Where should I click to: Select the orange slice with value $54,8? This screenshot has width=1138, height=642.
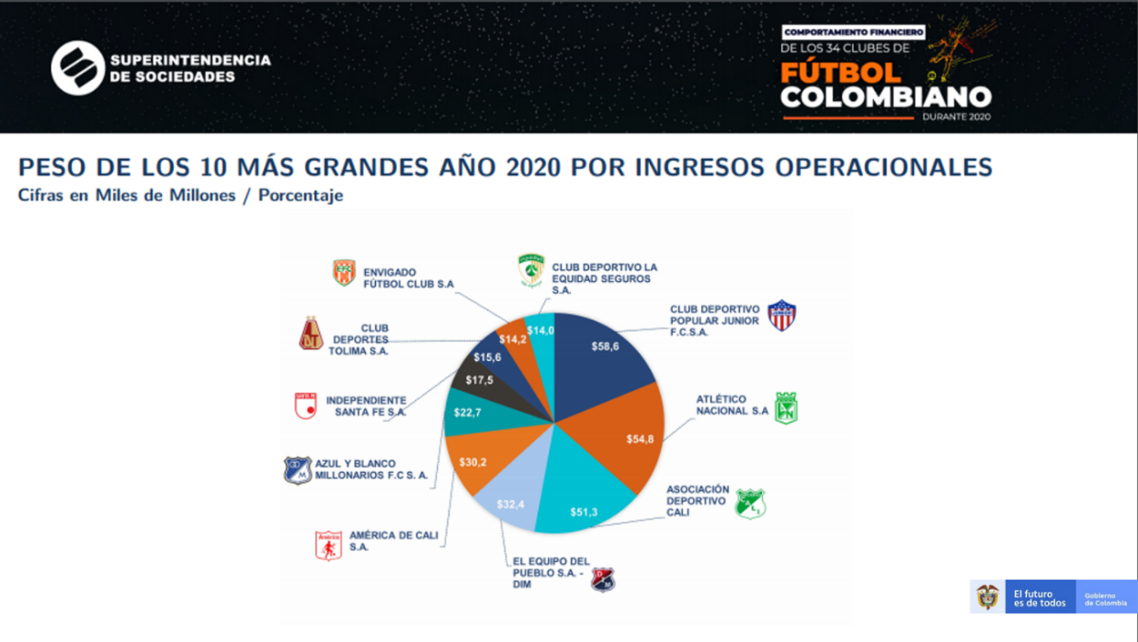[x=625, y=432]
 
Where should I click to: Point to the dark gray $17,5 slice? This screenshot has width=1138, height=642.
[x=480, y=379]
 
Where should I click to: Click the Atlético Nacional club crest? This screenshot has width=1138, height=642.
[x=786, y=408]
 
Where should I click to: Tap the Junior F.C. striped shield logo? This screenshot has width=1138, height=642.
[x=781, y=315]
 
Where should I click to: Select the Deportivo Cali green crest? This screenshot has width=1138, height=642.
[x=751, y=503]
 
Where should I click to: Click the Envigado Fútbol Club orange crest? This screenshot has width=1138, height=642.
[x=344, y=273]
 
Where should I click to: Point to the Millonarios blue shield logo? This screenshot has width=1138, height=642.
[x=297, y=469]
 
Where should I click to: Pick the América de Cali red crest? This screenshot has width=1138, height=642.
[x=328, y=545]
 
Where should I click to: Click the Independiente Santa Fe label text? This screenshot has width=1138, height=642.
[x=366, y=406]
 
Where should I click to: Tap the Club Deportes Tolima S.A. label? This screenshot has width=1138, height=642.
[x=359, y=339]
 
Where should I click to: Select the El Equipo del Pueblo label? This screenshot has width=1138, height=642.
[x=551, y=572]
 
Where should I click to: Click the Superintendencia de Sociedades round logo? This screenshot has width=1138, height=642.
[x=77, y=68]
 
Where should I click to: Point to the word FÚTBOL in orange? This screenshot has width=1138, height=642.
[x=840, y=72]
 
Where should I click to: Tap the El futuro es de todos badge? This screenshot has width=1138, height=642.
[x=1040, y=598]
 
